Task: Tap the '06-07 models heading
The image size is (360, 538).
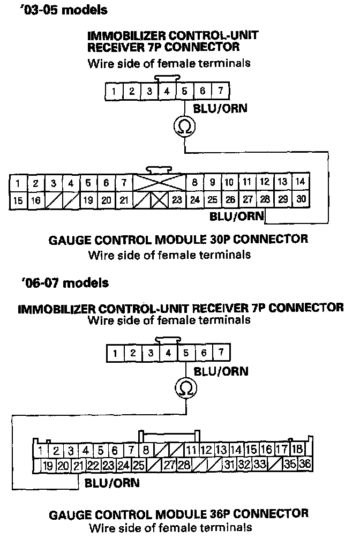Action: click(x=63, y=282)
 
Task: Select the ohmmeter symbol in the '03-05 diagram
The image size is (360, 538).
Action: click(x=184, y=126)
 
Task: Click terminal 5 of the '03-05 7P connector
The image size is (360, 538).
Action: click(x=184, y=91)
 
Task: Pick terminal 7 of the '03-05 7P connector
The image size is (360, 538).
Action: click(x=220, y=91)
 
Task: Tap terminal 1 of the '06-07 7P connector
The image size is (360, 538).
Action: click(x=115, y=353)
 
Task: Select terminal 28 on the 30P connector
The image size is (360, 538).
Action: click(x=265, y=200)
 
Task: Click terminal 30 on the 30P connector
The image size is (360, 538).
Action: click(x=301, y=200)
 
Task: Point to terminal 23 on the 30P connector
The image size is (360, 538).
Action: click(x=177, y=200)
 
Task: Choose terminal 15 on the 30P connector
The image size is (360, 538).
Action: click(x=18, y=200)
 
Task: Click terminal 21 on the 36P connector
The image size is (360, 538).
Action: click(x=78, y=465)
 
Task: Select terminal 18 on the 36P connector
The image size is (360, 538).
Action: click(x=296, y=449)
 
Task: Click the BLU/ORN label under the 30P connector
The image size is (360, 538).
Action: click(x=237, y=216)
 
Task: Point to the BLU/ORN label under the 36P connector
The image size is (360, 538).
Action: click(x=112, y=483)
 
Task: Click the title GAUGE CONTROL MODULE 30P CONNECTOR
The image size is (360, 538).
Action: click(x=179, y=240)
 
